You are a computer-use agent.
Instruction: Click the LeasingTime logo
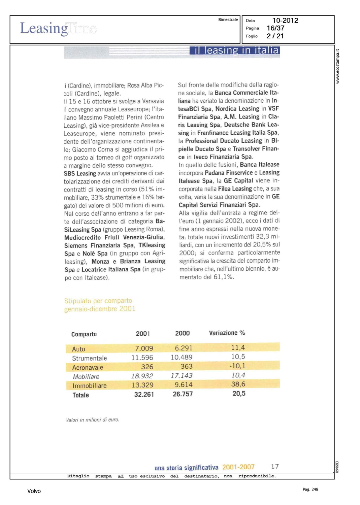tap(58, 29)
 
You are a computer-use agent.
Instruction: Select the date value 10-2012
tap(285, 21)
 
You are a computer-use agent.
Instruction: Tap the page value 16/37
tap(275, 28)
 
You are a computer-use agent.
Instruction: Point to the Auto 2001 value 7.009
tap(144, 348)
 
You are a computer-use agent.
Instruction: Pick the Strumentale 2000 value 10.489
tap(182, 358)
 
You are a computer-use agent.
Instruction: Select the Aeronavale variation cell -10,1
tap(237, 366)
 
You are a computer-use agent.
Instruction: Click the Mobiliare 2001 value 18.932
tap(142, 376)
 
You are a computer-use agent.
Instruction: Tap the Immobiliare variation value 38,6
tap(238, 384)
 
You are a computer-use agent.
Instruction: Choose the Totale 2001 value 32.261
tap(144, 395)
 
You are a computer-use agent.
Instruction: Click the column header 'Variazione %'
tap(227, 333)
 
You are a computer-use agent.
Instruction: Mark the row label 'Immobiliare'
tap(90, 386)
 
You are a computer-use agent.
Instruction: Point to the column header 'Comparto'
tap(84, 334)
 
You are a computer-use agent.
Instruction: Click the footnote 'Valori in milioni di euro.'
tap(93, 420)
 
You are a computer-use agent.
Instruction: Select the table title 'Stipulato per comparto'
tap(98, 301)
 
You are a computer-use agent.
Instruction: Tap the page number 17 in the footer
tap(275, 467)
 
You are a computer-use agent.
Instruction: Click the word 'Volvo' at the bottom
tap(34, 491)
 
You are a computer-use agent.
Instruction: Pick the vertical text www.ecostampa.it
tap(337, 66)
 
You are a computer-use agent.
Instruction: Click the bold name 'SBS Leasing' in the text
tap(80, 174)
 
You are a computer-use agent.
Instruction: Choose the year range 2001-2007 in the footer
tap(238, 467)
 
